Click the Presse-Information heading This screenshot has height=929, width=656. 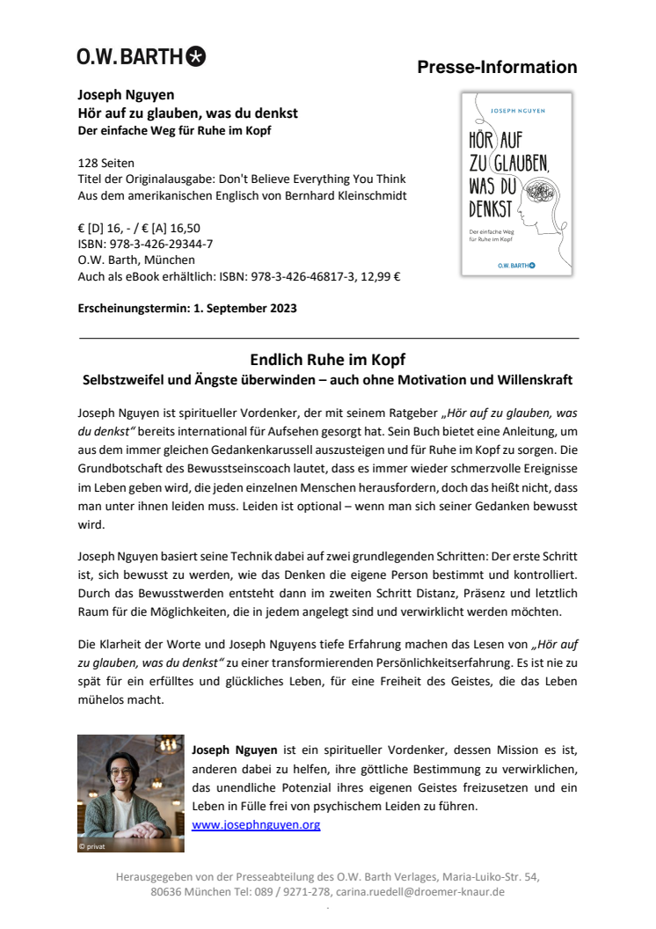coord(497,68)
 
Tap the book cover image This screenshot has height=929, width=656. coord(516,184)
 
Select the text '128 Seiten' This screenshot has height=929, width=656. coord(106,164)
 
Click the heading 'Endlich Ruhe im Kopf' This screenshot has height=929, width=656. coord(328,360)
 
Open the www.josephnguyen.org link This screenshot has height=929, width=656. coord(256,825)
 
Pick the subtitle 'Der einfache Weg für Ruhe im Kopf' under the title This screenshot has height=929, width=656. coord(175,131)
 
